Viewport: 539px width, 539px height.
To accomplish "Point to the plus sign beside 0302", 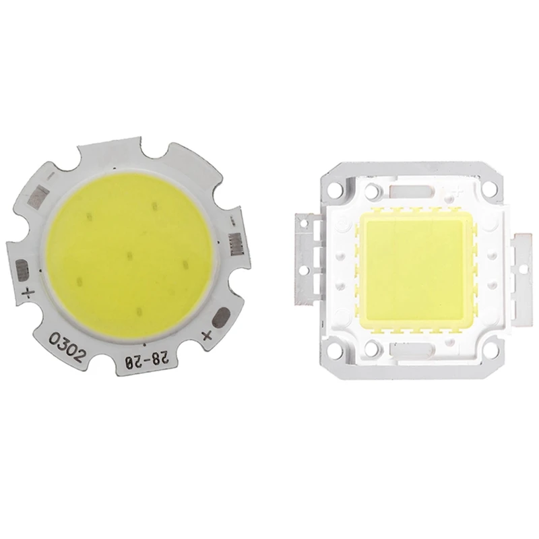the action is [28, 292].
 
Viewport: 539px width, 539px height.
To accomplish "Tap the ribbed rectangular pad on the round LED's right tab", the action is [236, 245].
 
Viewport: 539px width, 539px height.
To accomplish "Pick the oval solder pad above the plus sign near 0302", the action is [22, 269].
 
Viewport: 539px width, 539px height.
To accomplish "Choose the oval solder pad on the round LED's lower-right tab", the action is [222, 317].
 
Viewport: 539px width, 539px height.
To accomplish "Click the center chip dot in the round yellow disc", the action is [129, 255].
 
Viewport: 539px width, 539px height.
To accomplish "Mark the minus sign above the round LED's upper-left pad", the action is [51, 177].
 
